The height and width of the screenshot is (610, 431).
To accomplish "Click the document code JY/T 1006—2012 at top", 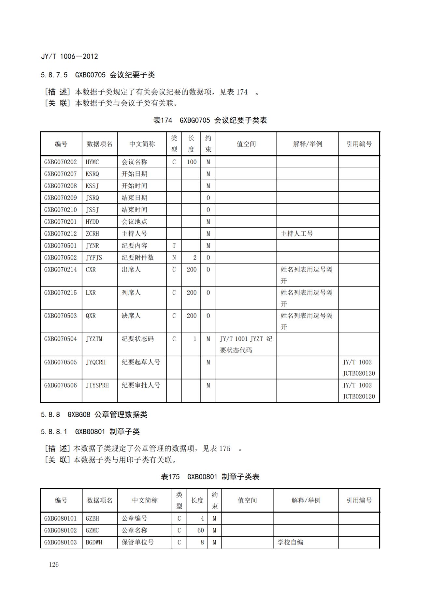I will pos(69,56).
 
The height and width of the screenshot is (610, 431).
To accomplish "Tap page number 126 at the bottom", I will pos(54,564).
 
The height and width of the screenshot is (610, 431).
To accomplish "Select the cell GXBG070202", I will pos(61,162).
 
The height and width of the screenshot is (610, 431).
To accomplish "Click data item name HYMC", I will pos(92,162).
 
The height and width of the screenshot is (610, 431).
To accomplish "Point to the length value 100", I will pos(192,162).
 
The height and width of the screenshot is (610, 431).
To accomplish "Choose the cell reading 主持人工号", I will pos(297,234).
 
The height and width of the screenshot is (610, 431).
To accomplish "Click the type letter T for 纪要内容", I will pos(174,246).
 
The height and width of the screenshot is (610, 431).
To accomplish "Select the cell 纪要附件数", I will pos(137,258).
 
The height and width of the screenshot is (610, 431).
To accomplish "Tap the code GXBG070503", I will pos(61,316).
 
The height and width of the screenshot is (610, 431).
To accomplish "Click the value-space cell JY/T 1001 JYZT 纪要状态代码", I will pos(246,344).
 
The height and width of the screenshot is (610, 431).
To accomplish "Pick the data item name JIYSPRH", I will pos(97,385).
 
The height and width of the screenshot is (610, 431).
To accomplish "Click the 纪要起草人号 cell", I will pos(141,362).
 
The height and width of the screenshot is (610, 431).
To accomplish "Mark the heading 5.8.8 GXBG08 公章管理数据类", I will pos(94,415).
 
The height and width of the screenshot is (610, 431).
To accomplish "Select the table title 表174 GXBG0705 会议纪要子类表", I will pos(210,120).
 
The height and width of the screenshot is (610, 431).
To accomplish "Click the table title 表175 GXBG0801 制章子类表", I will pos(210,477).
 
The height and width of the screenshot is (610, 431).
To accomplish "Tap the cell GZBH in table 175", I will pos(92,518).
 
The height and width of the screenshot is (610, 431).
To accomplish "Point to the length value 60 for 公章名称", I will pos(200,530).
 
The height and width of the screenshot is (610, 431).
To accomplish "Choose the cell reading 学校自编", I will pos(290,542).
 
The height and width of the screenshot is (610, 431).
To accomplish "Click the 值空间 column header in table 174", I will pos(246,144).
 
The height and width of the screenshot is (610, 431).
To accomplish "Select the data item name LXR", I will pos(91,293).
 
